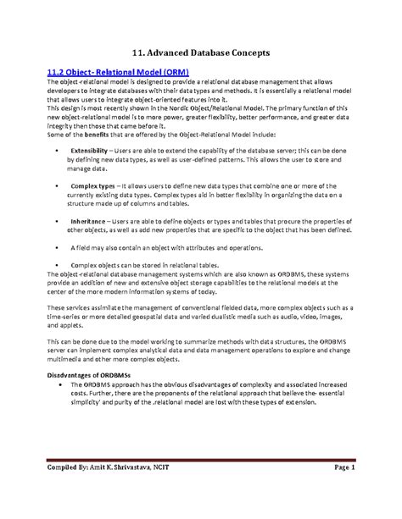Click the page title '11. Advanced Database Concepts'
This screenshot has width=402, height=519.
[x=201, y=52]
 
